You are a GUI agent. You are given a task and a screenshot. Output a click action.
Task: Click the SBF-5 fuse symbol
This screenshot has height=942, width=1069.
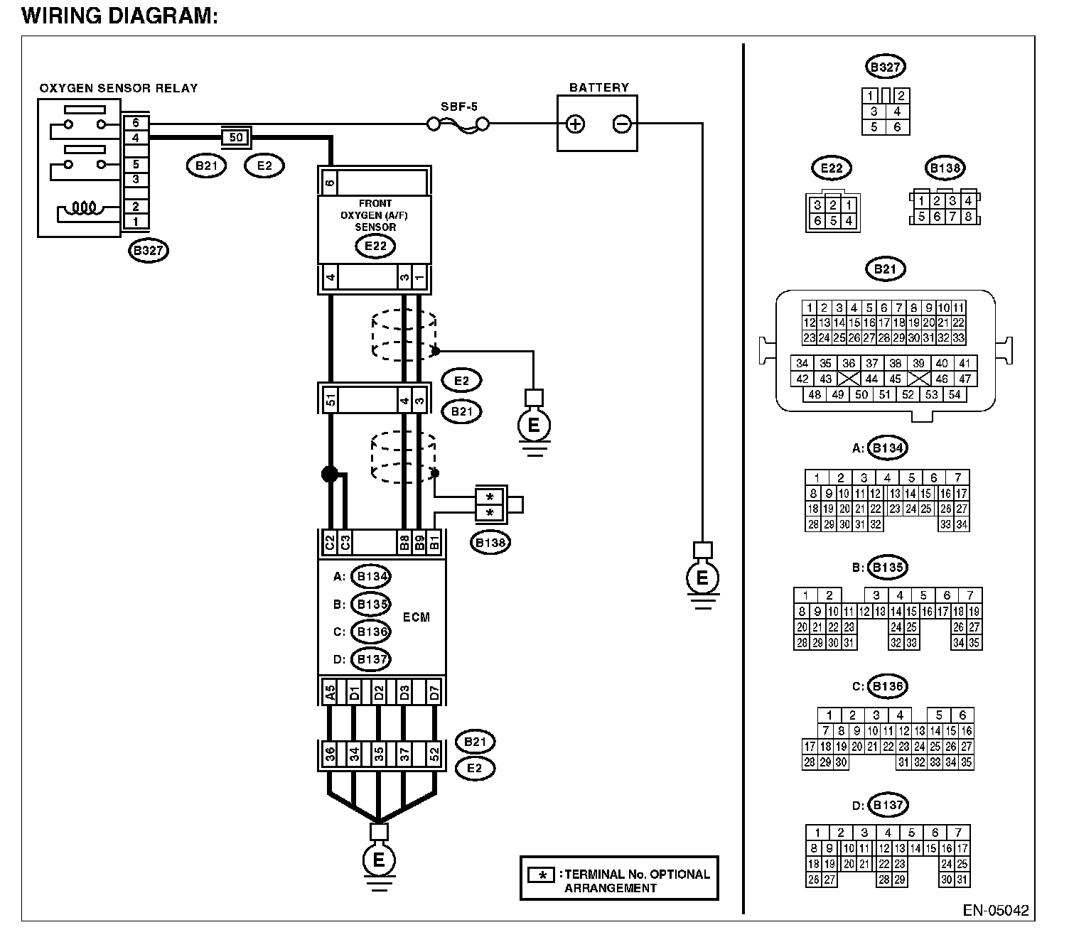[458, 125]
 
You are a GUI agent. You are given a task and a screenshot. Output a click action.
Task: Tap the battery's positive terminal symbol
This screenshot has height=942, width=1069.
[575, 124]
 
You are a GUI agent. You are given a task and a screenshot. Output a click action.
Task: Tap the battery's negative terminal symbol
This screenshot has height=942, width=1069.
[621, 124]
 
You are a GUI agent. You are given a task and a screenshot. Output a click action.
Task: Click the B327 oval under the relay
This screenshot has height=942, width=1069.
[149, 250]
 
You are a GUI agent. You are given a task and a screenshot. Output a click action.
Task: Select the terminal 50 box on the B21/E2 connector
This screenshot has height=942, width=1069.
[236, 138]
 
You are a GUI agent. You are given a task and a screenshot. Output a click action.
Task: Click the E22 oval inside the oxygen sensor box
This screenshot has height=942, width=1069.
[375, 246]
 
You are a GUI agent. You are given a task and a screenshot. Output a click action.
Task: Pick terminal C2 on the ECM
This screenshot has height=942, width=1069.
[330, 543]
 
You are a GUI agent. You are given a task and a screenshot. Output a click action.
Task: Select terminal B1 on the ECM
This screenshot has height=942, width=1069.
[434, 543]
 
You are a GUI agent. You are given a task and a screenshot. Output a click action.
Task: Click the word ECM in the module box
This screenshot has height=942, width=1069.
[417, 617]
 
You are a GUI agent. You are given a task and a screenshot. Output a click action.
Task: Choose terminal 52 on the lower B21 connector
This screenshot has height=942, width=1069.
[434, 754]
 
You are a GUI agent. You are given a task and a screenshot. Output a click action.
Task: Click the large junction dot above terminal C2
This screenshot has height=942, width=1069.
[330, 474]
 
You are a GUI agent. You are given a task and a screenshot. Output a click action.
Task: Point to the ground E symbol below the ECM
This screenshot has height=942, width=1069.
[379, 860]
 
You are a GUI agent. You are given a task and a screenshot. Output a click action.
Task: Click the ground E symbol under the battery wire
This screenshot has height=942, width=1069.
[702, 578]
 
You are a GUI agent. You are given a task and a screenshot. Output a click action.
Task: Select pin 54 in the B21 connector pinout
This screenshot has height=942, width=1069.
[955, 394]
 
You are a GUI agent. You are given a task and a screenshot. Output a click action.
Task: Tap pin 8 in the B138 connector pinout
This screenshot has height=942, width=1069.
[967, 216]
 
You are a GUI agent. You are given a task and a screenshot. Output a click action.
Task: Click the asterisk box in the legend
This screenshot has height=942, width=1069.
[542, 875]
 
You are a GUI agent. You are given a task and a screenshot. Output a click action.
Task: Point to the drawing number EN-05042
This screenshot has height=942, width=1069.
[996, 911]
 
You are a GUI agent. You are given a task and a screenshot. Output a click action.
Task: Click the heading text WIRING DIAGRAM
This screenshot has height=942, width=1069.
[120, 16]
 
